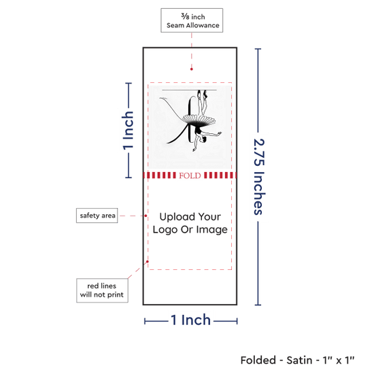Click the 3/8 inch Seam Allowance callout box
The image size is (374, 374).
click(192, 20)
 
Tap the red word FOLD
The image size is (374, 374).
click(190, 175)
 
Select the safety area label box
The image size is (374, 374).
click(97, 216)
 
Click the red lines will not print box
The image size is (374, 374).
click(102, 290)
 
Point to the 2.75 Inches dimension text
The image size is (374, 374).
click(259, 177)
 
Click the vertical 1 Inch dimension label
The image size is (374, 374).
click(128, 131)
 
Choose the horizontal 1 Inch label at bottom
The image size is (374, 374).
click(191, 320)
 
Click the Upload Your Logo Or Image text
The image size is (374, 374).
click(190, 223)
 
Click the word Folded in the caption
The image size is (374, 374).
click(258, 360)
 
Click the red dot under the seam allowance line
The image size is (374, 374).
click(192, 69)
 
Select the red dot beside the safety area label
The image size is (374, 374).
click(146, 216)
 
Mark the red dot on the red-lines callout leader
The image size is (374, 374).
click(148, 262)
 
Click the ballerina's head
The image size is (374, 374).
click(203, 140)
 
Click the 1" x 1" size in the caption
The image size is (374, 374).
click(339, 360)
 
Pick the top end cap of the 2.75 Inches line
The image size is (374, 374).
click(258, 49)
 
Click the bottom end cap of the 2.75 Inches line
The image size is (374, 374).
click(258, 305)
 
